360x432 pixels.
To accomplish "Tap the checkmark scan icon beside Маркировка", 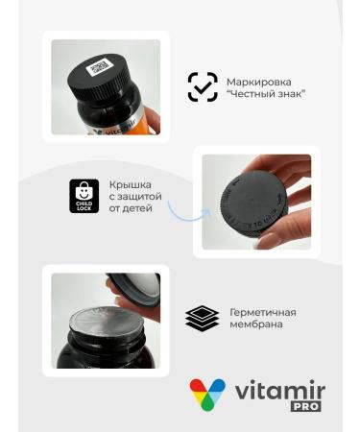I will coord(202,86).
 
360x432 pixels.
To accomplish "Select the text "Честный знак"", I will coord(265,93).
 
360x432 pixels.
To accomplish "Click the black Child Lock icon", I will coord(84,195).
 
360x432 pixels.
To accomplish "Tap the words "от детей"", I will coord(132,207).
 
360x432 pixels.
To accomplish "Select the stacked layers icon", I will coord(202,318).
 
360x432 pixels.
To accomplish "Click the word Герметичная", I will coord(262,312).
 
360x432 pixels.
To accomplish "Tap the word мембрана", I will coord(255,324).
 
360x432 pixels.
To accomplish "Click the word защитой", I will coord(134,195).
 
